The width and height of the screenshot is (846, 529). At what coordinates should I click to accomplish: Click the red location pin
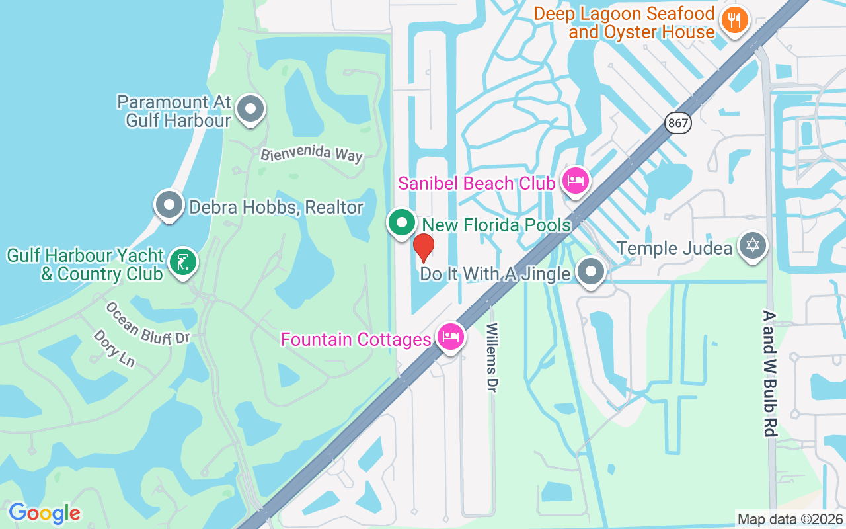coord(423,247)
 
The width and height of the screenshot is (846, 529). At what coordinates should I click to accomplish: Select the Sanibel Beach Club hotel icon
coord(576,181)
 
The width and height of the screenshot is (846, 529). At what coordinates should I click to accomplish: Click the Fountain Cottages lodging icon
coord(451,337)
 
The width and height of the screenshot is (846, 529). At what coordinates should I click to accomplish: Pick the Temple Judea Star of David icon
coord(752,245)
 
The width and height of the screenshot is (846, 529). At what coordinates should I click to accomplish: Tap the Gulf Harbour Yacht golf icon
coord(183,262)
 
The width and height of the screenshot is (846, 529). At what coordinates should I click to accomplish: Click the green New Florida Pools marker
coord(401,224)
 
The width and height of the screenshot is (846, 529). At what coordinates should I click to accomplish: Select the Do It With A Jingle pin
coord(591,272)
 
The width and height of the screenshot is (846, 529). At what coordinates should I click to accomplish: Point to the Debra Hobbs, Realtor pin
coord(169,204)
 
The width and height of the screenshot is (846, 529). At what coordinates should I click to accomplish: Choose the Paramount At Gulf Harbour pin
coord(250,109)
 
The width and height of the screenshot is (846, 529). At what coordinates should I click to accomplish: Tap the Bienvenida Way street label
coord(311,154)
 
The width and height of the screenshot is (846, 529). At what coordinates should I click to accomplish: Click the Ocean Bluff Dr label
coord(147,323)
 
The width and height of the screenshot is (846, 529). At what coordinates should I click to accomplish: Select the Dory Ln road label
coord(114,348)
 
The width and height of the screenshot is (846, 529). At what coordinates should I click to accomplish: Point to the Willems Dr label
coord(491,357)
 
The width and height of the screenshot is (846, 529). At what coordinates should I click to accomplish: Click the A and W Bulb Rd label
coord(769,374)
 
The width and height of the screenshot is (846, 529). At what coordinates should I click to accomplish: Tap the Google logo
coord(44,513)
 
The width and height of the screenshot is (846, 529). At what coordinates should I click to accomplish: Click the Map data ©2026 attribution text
coord(790,519)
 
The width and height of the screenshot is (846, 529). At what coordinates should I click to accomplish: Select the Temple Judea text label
coord(674,249)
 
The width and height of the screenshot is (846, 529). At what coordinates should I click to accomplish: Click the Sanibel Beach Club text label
coord(477,184)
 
